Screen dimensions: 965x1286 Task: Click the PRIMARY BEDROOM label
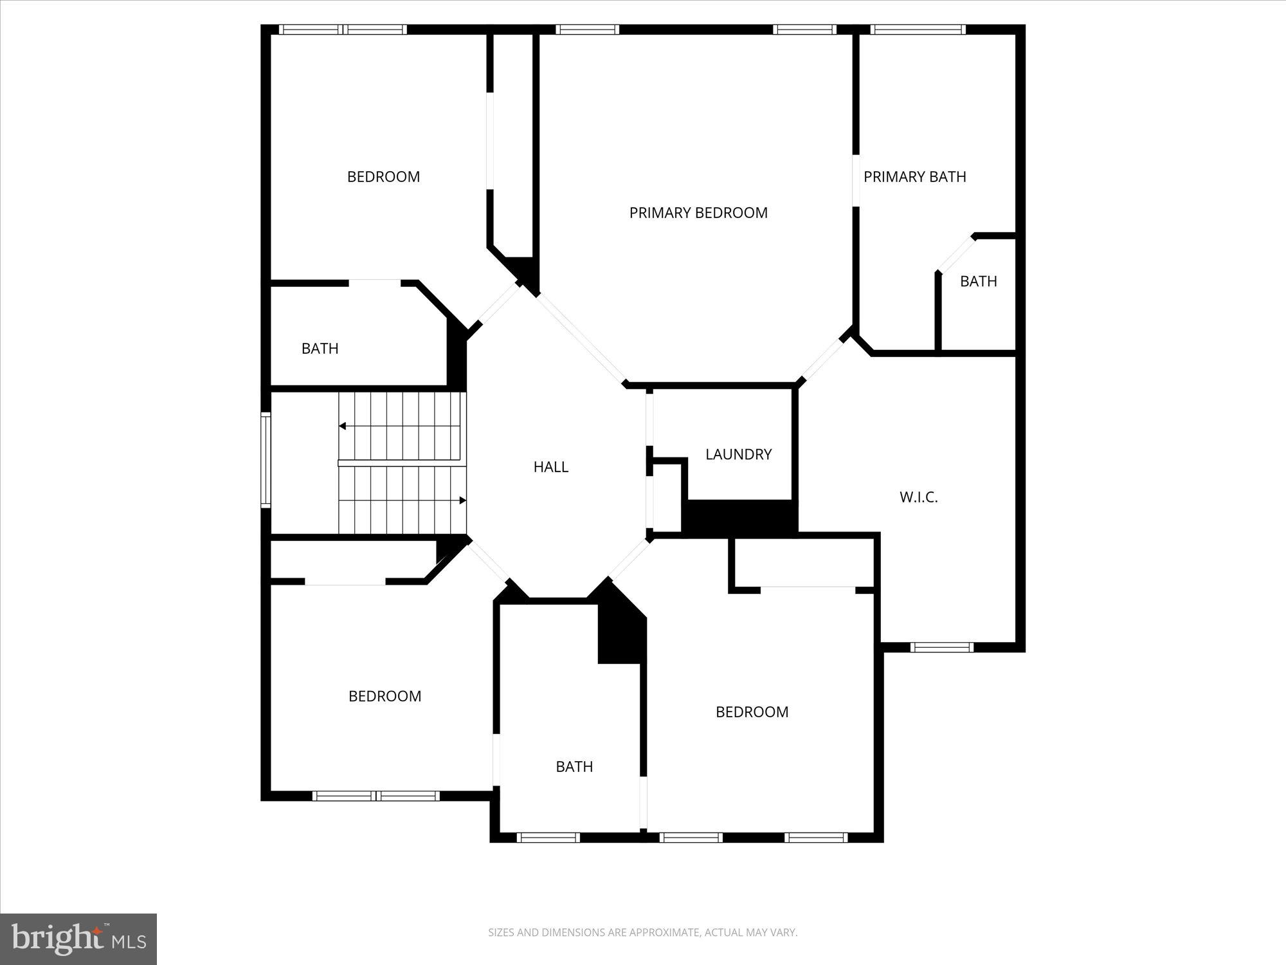pyautogui.click(x=698, y=213)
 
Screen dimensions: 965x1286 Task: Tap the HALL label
pyautogui.click(x=551, y=467)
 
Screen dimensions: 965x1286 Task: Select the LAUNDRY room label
pyautogui.click(x=738, y=454)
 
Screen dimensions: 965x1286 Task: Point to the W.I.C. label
pyautogui.click(x=918, y=497)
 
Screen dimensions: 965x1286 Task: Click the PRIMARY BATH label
pyautogui.click(x=914, y=177)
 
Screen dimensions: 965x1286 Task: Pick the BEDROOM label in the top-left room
pyautogui.click(x=383, y=177)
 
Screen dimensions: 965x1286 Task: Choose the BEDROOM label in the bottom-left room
pyautogui.click(x=385, y=696)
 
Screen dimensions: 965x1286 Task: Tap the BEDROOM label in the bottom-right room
pyautogui.click(x=752, y=712)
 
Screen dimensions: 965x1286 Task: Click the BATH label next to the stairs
pyautogui.click(x=320, y=349)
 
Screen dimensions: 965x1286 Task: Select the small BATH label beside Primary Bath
pyautogui.click(x=978, y=281)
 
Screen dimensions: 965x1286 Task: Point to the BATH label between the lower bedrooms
pyautogui.click(x=574, y=767)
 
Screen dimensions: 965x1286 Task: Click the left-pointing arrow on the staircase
pyautogui.click(x=343, y=426)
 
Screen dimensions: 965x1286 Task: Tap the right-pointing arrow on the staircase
pyautogui.click(x=462, y=501)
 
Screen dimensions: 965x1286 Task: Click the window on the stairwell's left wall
pyautogui.click(x=266, y=460)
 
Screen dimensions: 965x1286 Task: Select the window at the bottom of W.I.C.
pyautogui.click(x=942, y=647)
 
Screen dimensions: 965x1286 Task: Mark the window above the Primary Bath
pyautogui.click(x=918, y=30)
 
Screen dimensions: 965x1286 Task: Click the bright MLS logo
pyautogui.click(x=78, y=939)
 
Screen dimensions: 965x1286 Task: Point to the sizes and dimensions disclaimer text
pyautogui.click(x=642, y=932)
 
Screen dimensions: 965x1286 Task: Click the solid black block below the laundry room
pyautogui.click(x=739, y=517)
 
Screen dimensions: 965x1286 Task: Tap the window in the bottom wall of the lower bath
pyautogui.click(x=548, y=838)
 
